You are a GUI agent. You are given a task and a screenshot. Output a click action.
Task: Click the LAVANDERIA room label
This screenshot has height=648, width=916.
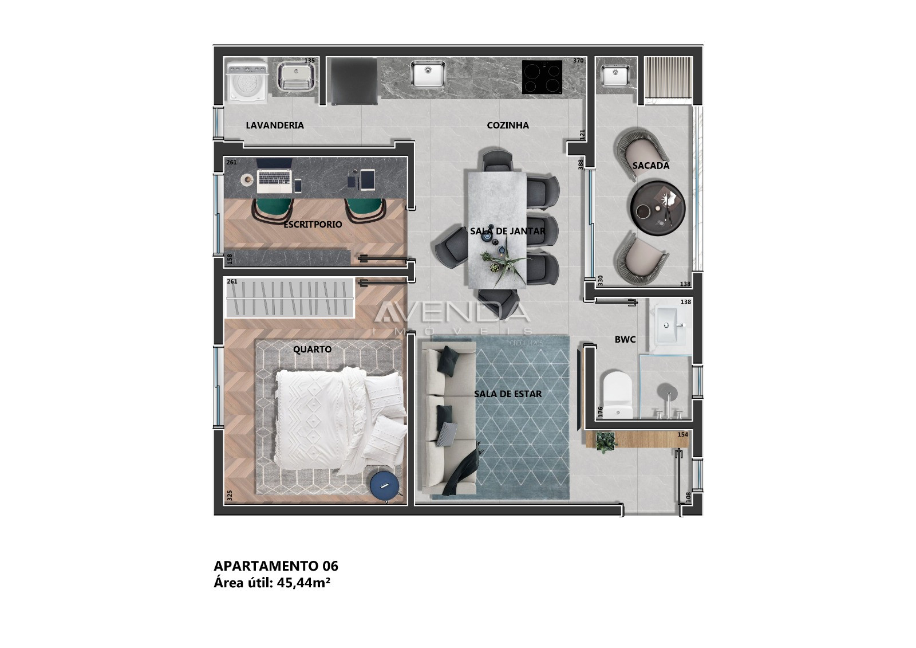click(275, 125)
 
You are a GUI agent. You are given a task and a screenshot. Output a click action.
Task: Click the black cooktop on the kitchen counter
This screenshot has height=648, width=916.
click(542, 76)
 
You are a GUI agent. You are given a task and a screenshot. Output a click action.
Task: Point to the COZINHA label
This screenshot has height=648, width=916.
click(508, 125)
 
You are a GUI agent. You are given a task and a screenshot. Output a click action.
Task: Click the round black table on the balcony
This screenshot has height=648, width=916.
click(658, 208)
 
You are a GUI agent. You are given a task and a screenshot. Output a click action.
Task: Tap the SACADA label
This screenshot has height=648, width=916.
click(651, 166)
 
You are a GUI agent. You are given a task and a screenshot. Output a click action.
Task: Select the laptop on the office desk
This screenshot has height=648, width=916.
click(274, 175)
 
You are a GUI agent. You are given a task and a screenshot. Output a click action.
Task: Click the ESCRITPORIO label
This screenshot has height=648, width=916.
click(313, 225)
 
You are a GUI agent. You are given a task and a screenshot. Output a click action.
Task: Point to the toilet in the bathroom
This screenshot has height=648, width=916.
click(617, 395)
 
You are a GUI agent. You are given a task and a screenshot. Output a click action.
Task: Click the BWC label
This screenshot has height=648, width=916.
click(625, 340)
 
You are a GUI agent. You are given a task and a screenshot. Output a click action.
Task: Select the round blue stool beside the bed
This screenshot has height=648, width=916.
click(385, 486)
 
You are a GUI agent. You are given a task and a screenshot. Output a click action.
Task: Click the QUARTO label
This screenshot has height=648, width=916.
click(312, 349)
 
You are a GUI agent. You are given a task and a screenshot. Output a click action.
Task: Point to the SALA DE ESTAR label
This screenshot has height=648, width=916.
click(508, 394)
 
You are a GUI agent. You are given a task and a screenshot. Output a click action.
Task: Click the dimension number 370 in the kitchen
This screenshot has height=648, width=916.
click(578, 61)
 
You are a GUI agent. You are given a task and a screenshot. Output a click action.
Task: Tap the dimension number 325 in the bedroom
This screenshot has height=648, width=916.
click(230, 495)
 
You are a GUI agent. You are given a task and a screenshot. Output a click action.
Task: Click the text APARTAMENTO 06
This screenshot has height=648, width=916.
click(276, 566)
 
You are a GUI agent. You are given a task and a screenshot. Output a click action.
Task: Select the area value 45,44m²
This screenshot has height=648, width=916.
click(303, 583)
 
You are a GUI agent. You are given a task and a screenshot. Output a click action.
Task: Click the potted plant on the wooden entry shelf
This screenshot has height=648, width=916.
click(605, 441)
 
